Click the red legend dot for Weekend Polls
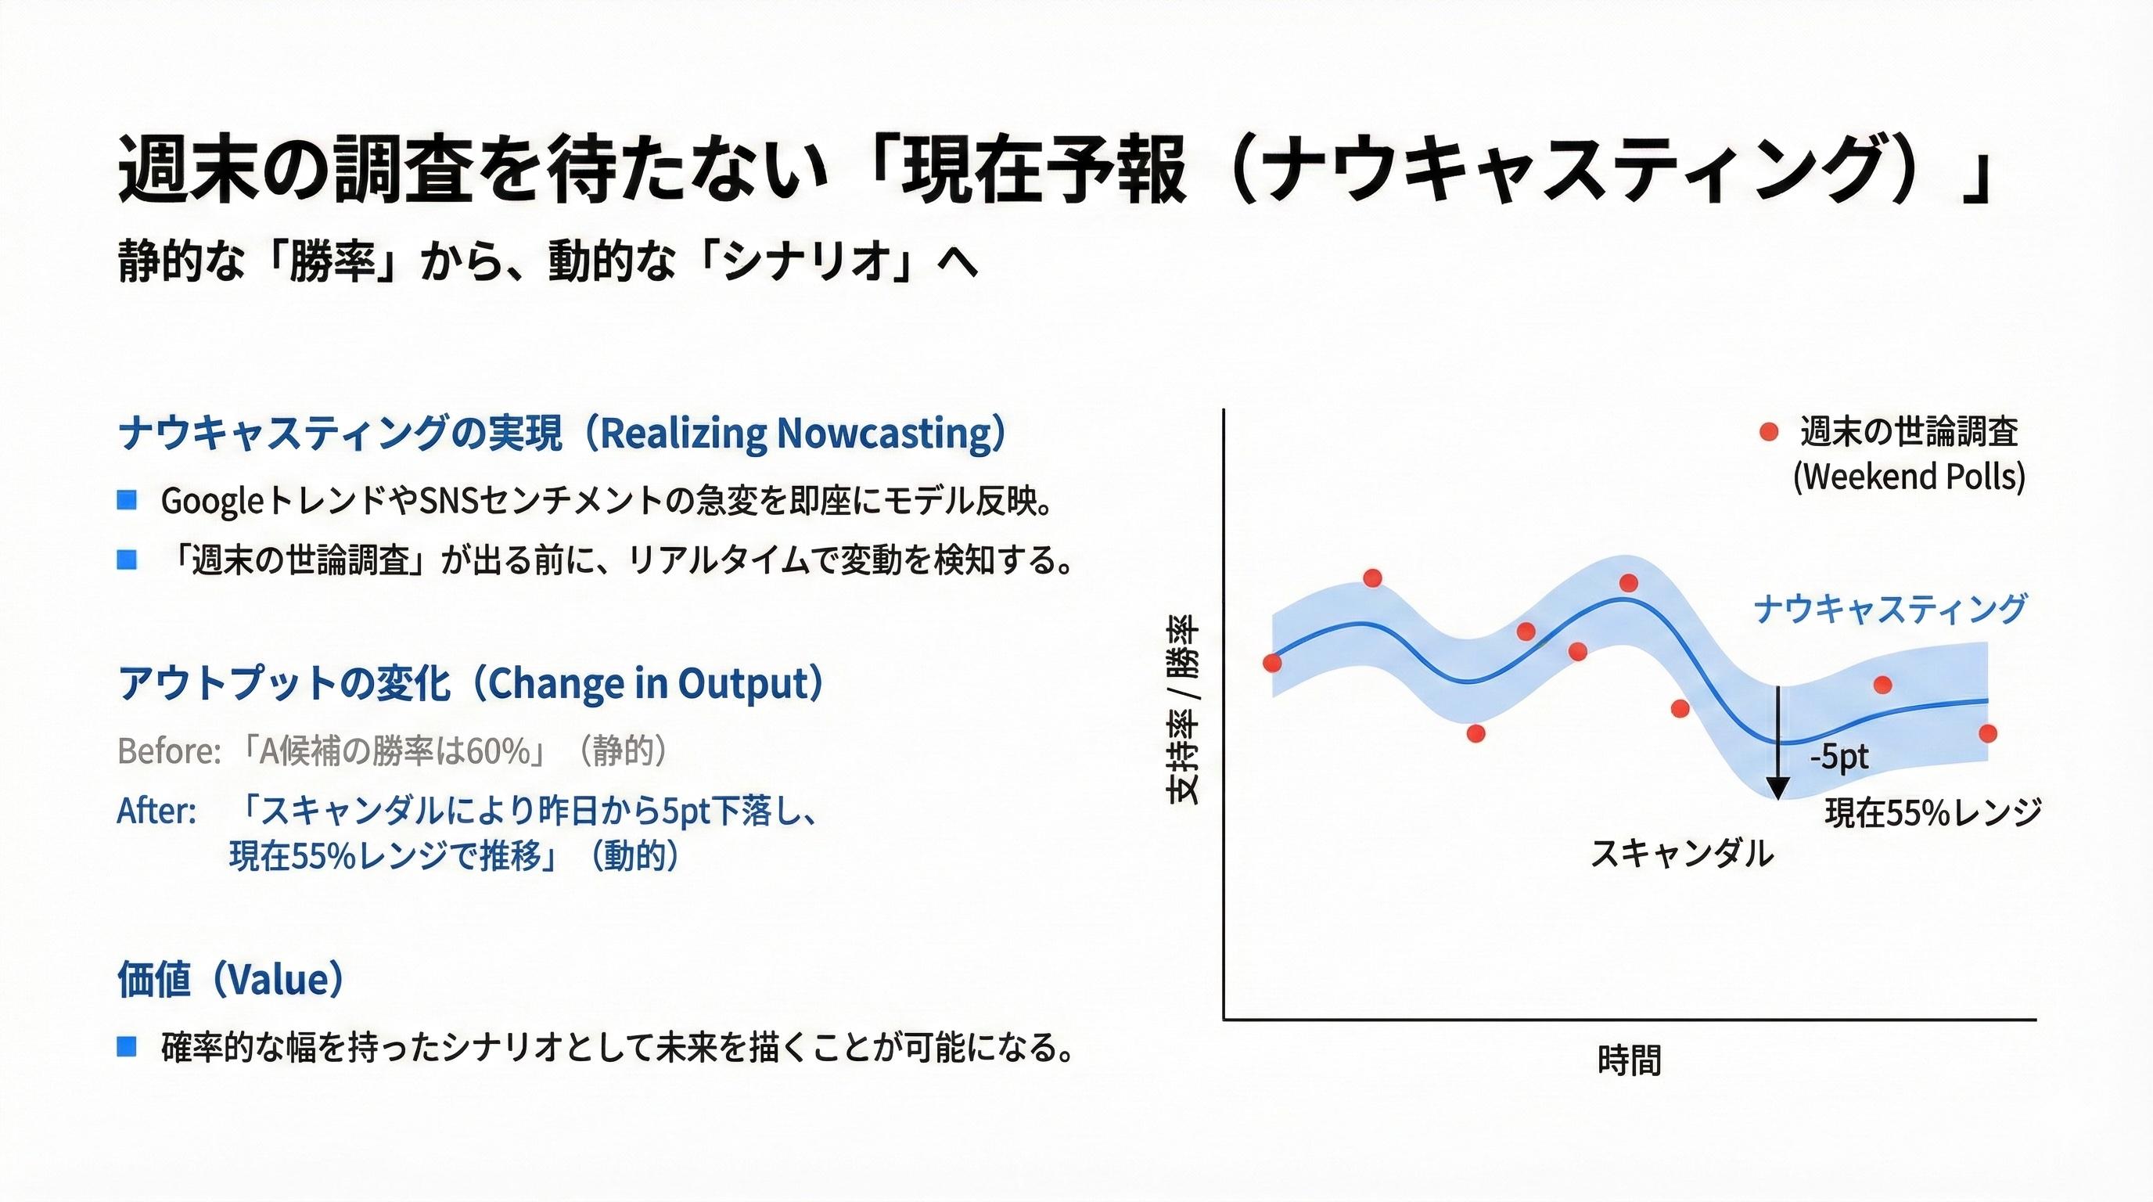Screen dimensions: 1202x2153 click(x=1769, y=432)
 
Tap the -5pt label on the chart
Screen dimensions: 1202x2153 click(x=1838, y=758)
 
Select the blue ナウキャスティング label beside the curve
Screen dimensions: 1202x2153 click(x=1889, y=609)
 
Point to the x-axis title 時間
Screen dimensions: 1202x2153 click(x=1629, y=1060)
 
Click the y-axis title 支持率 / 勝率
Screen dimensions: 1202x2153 click(x=1183, y=709)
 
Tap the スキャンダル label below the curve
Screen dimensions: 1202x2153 click(x=1681, y=855)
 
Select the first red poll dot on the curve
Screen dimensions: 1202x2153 click(x=1272, y=664)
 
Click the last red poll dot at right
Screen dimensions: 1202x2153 click(x=1989, y=733)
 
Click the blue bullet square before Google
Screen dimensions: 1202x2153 click(x=127, y=501)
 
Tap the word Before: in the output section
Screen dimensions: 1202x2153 click(x=170, y=751)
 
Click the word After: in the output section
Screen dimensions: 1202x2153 click(x=157, y=812)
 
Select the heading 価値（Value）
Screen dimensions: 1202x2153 click(x=231, y=980)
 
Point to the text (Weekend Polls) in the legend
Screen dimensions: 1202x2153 click(x=1909, y=477)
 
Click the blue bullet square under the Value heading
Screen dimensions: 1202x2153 click(x=127, y=1046)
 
